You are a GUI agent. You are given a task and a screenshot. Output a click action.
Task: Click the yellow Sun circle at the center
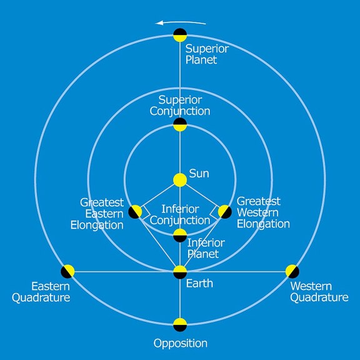point(180,180)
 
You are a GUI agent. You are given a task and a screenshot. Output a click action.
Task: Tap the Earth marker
point(180,272)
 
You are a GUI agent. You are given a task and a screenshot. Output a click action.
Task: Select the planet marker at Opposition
point(180,324)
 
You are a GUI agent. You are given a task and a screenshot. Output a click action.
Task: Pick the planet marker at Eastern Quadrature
point(67,271)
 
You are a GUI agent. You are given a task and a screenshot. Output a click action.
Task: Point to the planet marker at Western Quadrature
point(292,271)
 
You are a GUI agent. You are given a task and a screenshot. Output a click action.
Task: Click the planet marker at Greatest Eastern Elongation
point(135,212)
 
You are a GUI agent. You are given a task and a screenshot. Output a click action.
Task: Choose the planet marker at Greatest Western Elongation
point(225,212)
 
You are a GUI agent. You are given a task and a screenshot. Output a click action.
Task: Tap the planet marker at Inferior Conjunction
point(180,236)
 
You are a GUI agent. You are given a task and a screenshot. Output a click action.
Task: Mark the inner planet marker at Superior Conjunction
point(180,124)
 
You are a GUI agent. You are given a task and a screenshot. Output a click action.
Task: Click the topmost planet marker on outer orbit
point(180,35)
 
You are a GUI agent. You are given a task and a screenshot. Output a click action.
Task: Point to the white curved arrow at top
point(181,22)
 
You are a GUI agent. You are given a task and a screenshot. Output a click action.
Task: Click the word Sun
point(199,174)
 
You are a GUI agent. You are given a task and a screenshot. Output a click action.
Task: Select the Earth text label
point(199,284)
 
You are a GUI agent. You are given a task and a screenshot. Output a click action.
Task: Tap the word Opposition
point(181,344)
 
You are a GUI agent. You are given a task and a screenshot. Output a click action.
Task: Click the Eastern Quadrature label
point(41,292)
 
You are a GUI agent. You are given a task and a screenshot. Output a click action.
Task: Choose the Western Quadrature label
point(319,292)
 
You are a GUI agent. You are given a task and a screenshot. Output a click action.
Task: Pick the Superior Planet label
point(207,54)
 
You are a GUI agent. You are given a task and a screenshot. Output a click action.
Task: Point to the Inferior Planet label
point(206,248)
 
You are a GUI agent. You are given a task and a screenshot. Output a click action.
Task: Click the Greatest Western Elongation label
point(263,212)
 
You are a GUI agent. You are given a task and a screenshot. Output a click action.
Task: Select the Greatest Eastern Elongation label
point(97,214)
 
